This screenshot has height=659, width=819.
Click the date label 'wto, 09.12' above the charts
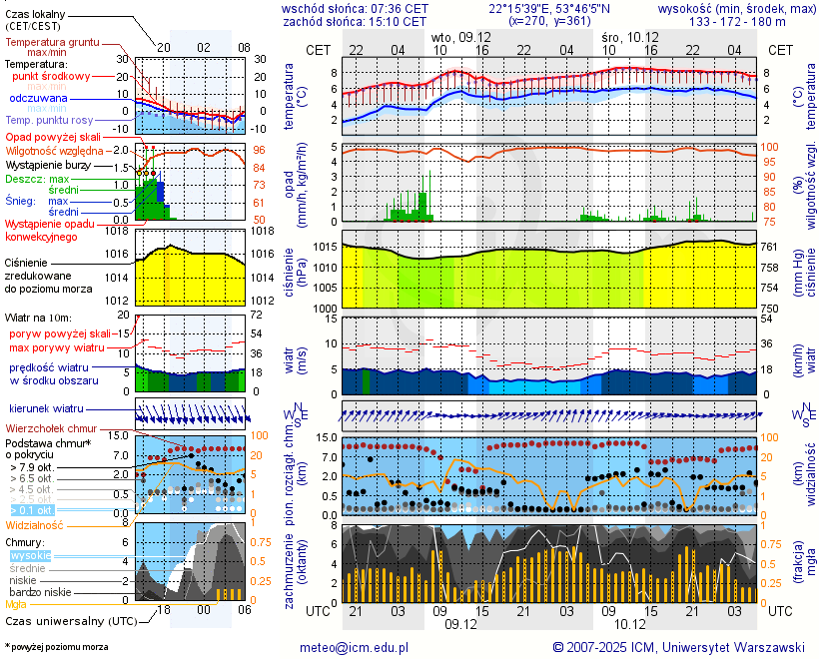(460, 36)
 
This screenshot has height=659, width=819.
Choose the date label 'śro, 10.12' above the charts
(628, 36)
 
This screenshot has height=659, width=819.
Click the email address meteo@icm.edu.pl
(355, 647)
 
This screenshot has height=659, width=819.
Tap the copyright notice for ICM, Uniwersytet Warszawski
(679, 647)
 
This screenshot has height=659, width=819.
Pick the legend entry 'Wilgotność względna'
(56, 150)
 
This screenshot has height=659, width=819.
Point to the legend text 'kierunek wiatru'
(45, 408)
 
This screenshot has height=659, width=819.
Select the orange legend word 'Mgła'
(16, 604)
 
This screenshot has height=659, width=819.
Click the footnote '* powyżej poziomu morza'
(56, 647)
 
